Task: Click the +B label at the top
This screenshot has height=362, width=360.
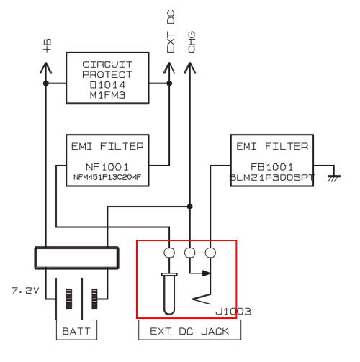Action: point(47,45)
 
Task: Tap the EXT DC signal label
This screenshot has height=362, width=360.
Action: point(171,32)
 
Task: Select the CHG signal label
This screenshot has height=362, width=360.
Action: point(192,42)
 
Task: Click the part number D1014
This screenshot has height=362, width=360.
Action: point(107,85)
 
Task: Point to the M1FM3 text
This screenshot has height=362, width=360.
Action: point(107,95)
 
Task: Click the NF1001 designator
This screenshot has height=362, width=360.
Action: point(107,167)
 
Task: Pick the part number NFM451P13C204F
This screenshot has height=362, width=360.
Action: point(107,177)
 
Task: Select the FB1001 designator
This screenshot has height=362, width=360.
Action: point(272,167)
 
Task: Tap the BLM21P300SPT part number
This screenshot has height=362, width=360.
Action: point(272,178)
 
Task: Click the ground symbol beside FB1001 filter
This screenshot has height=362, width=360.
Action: point(334,178)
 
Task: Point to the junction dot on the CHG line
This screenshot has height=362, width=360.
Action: point(190,207)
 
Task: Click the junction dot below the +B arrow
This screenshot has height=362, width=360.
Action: point(46,83)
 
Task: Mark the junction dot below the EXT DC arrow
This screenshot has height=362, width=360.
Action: point(169,83)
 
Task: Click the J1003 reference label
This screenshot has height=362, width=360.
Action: point(233,312)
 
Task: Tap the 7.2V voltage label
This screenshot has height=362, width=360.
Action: point(25,291)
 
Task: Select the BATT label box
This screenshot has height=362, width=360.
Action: point(76,330)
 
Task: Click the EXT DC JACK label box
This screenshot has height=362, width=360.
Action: point(189,330)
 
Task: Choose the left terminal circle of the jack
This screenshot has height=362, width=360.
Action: point(169,253)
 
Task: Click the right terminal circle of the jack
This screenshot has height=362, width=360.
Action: point(210,253)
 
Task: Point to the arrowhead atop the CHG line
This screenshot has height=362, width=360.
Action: point(190,68)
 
